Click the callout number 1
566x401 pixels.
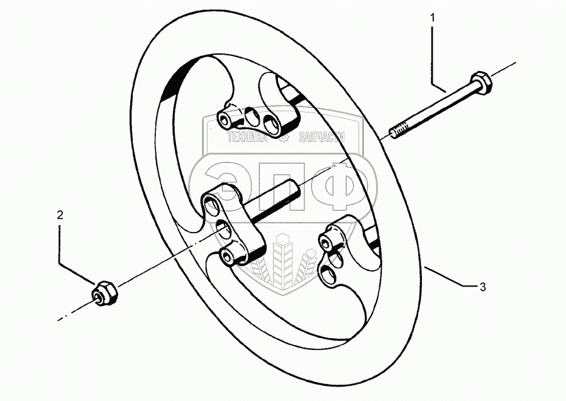(432, 19)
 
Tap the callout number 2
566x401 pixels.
(60, 215)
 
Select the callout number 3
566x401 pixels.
(482, 288)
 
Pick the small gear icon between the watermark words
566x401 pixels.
(284, 136)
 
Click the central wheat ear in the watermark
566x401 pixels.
(282, 258)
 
